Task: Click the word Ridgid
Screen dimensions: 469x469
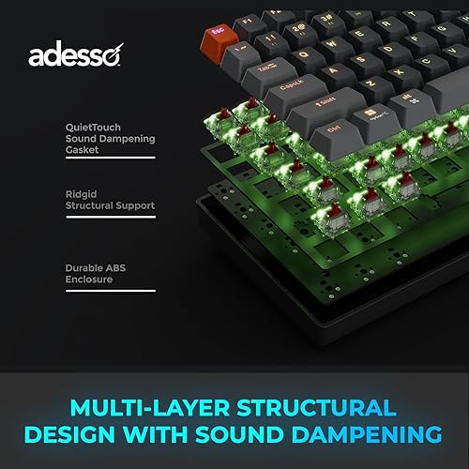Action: (x=79, y=193)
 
